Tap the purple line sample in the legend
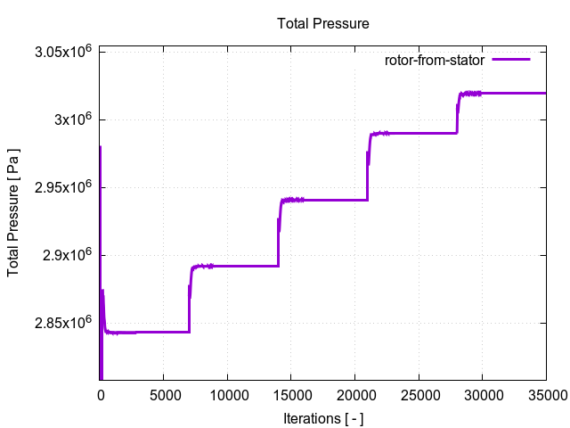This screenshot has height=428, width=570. point(510,60)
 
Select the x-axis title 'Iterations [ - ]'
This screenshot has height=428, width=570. point(322,417)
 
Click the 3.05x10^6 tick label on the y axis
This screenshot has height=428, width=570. point(64,52)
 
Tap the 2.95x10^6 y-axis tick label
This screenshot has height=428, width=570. point(64,187)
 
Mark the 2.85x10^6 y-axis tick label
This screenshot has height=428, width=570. point(64,323)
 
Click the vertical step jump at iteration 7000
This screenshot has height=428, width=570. point(189,299)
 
